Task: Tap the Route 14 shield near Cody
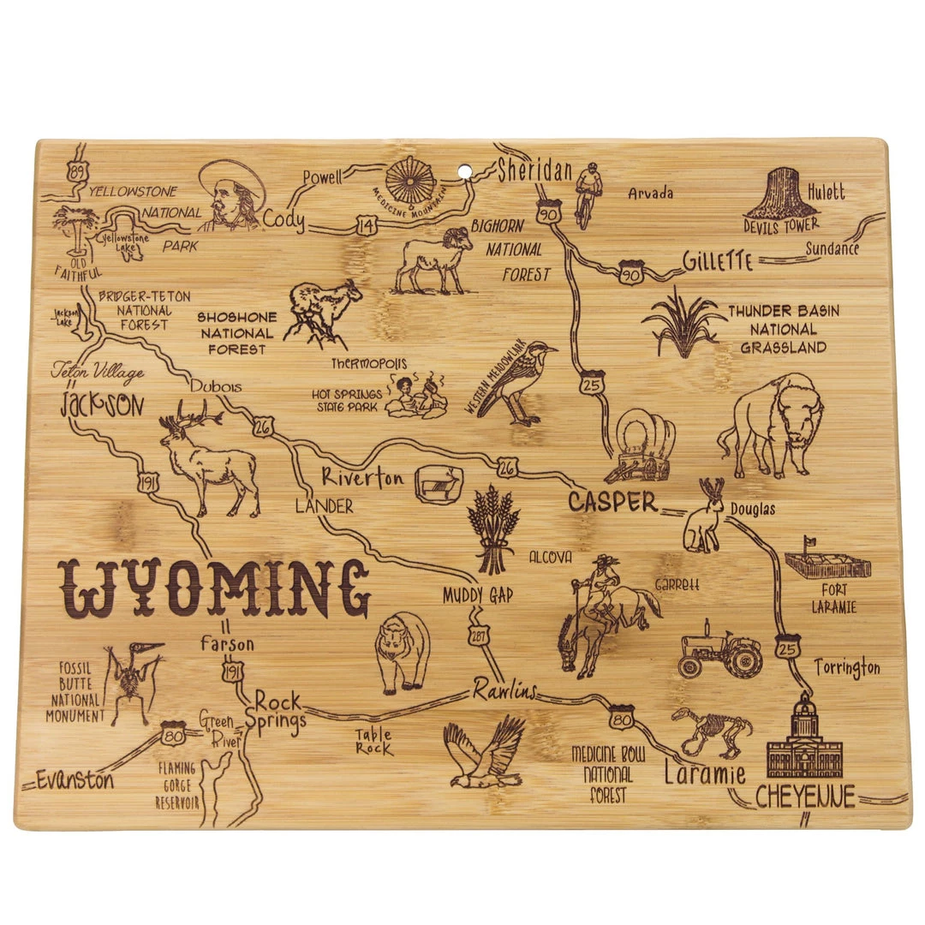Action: point(367,225)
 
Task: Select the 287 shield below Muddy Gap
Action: point(478,633)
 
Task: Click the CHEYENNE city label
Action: point(805,797)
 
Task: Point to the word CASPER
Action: point(612,503)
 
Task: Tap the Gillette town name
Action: point(718,261)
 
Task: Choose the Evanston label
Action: point(75,779)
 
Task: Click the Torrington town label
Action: point(846,666)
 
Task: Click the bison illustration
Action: point(771,424)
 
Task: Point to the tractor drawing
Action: point(719,650)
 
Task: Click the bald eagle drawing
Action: point(484,754)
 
